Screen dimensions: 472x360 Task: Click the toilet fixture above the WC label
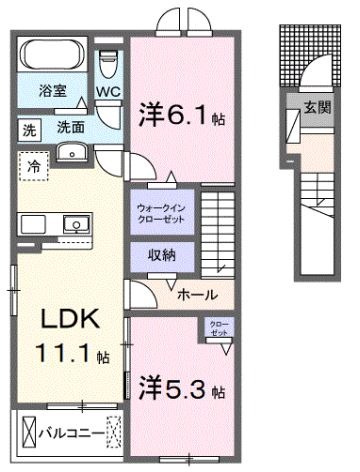click(x=109, y=66)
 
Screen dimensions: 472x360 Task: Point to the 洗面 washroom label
click(x=69, y=128)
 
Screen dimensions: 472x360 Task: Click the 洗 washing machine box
click(x=30, y=129)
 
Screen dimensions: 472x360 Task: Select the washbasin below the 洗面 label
click(x=72, y=152)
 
